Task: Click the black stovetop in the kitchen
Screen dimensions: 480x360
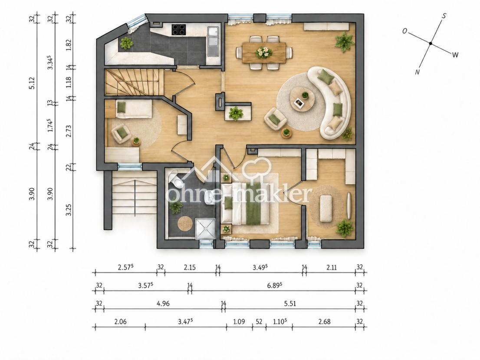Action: (x=178, y=29)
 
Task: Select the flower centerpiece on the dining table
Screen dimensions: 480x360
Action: (x=263, y=52)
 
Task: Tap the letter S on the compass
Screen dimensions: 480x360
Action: (x=444, y=16)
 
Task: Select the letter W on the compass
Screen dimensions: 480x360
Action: (x=455, y=55)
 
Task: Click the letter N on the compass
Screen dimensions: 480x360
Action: (x=417, y=72)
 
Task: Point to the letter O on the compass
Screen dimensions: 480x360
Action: (x=404, y=31)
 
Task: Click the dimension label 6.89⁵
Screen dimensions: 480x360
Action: (x=274, y=285)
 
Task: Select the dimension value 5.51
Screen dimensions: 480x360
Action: (x=290, y=304)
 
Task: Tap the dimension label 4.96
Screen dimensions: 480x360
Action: (x=163, y=304)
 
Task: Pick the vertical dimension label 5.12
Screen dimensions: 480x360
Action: (x=32, y=83)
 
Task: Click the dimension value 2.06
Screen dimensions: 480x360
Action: (x=120, y=321)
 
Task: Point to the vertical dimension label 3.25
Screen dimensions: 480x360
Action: (x=69, y=210)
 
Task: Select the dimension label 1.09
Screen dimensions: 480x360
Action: (x=239, y=321)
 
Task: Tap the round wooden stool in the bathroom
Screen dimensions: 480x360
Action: (x=185, y=223)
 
